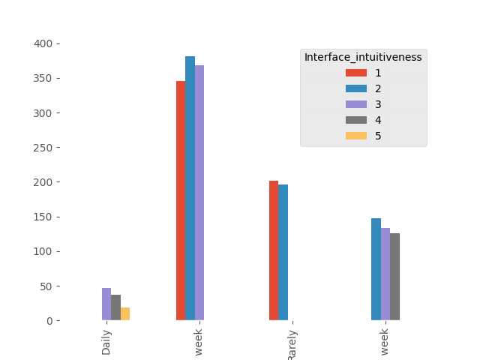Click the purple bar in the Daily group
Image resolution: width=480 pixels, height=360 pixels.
106,304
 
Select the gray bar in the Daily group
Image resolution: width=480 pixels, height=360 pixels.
115,307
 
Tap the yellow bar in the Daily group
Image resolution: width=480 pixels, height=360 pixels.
125,314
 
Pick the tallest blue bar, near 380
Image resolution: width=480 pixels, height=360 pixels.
190,188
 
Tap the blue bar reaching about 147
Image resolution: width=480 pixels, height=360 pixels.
376,269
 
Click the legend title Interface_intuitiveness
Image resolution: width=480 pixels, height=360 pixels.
363,57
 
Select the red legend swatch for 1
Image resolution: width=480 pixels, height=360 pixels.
356,73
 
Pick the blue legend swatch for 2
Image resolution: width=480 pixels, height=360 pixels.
356,88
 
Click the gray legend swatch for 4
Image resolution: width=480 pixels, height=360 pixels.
356,120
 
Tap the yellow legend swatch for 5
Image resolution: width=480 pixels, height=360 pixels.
356,136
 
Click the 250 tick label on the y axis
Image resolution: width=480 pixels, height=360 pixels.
43,148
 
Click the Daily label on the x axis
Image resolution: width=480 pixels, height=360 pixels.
106,342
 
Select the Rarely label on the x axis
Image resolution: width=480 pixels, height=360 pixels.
292,345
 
